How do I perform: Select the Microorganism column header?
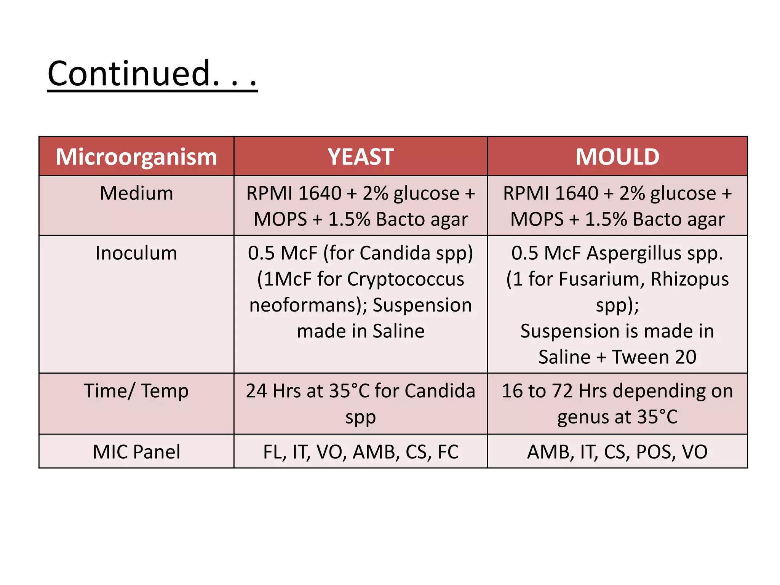pyautogui.click(x=136, y=157)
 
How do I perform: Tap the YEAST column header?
pyautogui.click(x=361, y=157)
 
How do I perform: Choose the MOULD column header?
pyautogui.click(x=617, y=157)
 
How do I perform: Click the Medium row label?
pyautogui.click(x=136, y=193)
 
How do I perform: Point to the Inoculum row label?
pyautogui.click(x=136, y=253)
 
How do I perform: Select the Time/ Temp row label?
pyautogui.click(x=136, y=391)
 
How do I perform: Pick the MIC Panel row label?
pyautogui.click(x=136, y=452)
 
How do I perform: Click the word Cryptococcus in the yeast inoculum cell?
pyautogui.click(x=406, y=279)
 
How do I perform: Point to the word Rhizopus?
pyautogui.click(x=689, y=279)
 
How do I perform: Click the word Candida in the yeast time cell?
pyautogui.click(x=440, y=391)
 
